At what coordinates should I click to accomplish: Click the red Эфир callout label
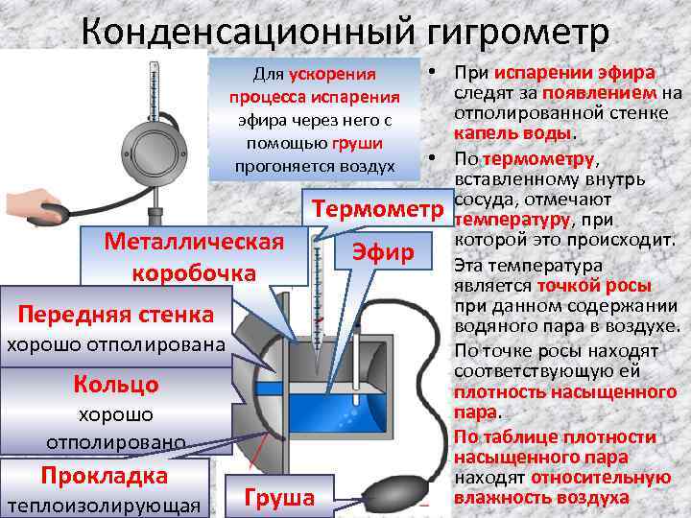pyautogui.click(x=382, y=252)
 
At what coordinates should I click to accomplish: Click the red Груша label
pyautogui.click(x=279, y=497)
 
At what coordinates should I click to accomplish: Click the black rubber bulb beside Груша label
pyautogui.click(x=391, y=488)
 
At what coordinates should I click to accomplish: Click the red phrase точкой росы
pyautogui.click(x=594, y=285)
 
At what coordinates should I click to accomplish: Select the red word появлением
pyautogui.click(x=601, y=93)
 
